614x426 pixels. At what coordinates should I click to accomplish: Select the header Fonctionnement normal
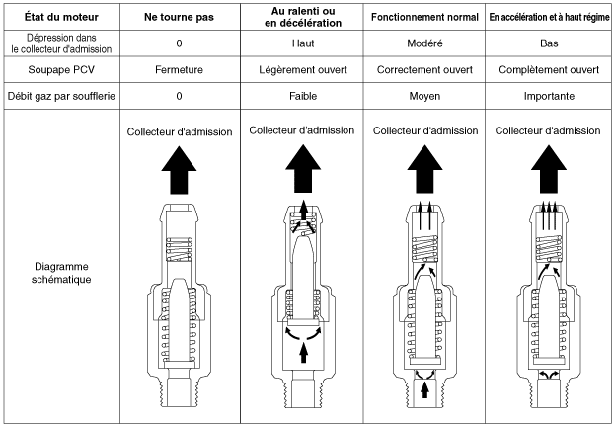tap(425, 18)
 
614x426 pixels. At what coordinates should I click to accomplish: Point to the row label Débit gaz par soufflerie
tap(62, 97)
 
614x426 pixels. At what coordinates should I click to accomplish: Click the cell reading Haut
tap(305, 44)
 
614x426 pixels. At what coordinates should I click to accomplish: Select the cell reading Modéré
tap(425, 44)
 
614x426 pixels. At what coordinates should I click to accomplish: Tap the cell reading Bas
tap(548, 44)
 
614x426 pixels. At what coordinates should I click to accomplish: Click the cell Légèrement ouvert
tap(305, 70)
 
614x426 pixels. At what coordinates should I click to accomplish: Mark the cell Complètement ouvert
tap(548, 70)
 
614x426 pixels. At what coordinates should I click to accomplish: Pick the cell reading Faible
tap(305, 97)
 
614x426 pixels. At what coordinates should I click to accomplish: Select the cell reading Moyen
tap(425, 97)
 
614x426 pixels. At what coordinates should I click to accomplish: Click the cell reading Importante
tap(548, 97)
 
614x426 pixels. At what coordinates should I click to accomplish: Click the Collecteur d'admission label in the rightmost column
tap(548, 130)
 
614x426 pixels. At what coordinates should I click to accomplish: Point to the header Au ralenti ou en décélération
tap(305, 18)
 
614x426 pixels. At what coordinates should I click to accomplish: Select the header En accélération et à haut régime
tap(548, 18)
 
